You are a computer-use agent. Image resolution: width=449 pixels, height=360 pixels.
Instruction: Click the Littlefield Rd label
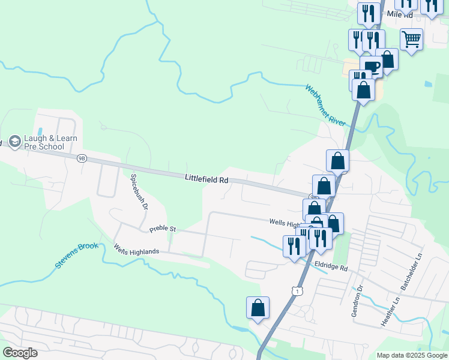pos(206,179)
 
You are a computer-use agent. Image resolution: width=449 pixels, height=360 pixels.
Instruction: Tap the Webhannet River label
pos(326,104)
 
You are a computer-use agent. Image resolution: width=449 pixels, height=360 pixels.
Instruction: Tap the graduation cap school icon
pos(14,142)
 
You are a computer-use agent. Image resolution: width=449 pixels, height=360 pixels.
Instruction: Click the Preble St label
pos(162,229)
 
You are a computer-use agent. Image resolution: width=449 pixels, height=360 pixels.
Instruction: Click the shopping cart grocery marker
pos(411,40)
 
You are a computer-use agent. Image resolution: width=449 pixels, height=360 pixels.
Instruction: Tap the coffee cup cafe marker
pos(372,67)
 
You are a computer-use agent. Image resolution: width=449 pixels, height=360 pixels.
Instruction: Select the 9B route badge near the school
pos(82,158)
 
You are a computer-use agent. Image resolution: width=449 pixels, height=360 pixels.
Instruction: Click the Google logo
pos(20,353)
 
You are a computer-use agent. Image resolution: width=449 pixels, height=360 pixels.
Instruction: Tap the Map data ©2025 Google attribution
pos(411,355)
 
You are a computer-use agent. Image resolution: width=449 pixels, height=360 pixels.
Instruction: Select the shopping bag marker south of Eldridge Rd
pos(258,308)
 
